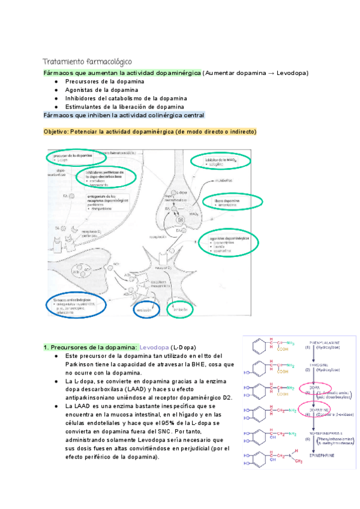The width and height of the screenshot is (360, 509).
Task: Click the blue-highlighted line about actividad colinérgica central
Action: point(124,115)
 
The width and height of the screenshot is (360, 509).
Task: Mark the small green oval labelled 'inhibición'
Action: point(178,310)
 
